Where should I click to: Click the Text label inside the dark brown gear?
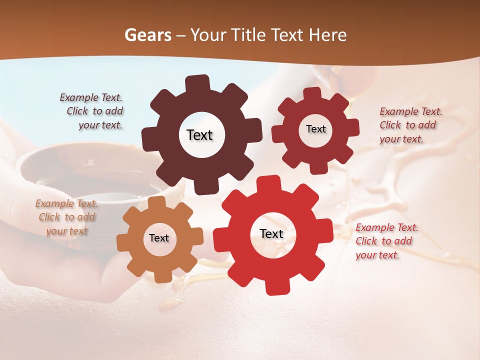199,135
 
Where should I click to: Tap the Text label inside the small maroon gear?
315,129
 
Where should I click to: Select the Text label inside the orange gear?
159,238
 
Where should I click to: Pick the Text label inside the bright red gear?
271,233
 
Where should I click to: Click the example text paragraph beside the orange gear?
66,217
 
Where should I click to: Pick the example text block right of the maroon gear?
410,125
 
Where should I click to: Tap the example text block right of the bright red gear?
386,241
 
